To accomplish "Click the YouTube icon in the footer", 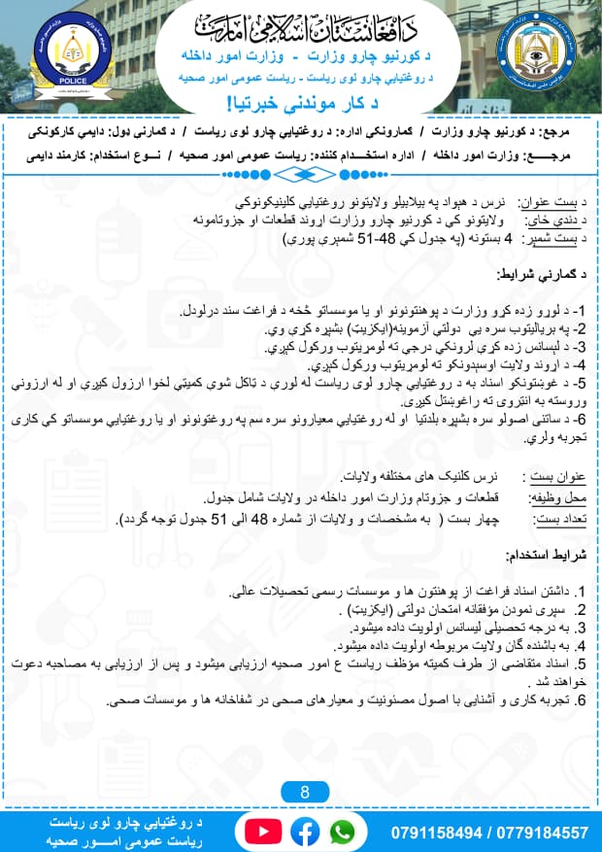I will point(261,832).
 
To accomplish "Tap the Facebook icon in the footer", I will point(303,832).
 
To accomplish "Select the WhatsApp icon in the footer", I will point(342,832).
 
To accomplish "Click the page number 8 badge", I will point(303,792).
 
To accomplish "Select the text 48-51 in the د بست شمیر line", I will point(366,237).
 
